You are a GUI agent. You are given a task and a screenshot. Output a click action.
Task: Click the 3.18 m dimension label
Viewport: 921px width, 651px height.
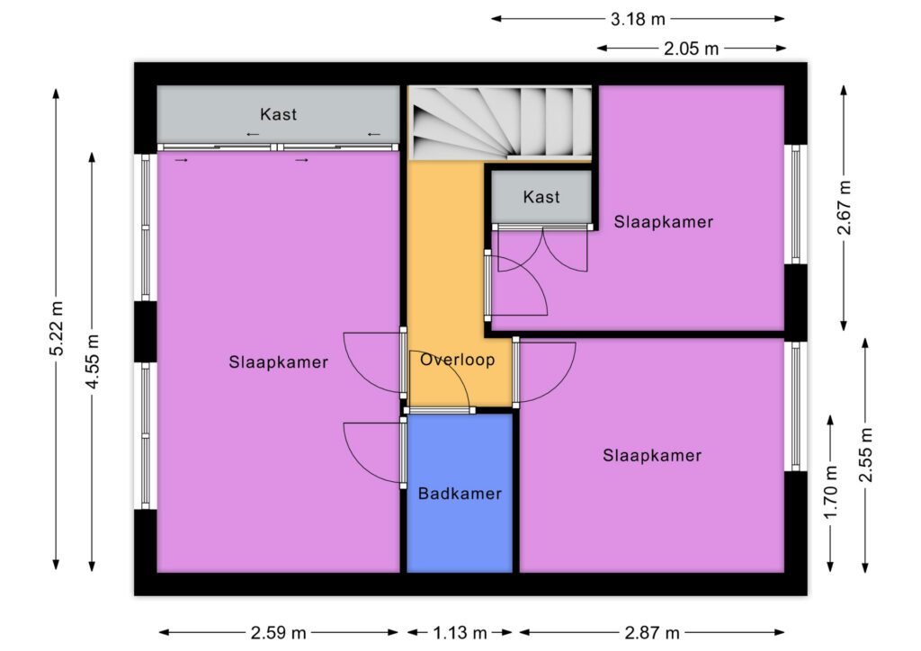(638, 20)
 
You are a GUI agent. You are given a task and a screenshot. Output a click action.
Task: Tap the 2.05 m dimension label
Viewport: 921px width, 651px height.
(692, 49)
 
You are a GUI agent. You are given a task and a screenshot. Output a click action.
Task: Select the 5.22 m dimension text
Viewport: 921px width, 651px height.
(57, 329)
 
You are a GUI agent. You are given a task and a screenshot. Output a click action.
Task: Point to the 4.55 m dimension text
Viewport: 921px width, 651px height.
(93, 361)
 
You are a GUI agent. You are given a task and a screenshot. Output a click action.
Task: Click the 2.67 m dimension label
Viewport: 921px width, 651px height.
(844, 208)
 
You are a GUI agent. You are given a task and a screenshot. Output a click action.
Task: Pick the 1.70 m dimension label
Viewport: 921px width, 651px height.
(830, 493)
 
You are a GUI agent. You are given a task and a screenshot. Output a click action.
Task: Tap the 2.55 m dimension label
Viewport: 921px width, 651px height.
(865, 455)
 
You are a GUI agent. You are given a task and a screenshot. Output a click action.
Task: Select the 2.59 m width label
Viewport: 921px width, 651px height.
(279, 633)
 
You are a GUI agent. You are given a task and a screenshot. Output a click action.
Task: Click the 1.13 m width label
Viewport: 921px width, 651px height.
(460, 633)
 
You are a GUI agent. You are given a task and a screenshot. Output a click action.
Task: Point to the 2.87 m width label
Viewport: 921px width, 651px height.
(652, 633)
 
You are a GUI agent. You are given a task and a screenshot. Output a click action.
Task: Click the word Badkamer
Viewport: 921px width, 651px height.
(460, 494)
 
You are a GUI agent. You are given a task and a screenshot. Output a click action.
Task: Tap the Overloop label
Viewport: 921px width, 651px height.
(458, 360)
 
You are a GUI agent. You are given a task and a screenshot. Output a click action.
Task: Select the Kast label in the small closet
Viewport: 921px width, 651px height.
(541, 197)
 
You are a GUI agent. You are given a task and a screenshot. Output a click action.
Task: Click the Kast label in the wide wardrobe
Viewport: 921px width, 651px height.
(279, 114)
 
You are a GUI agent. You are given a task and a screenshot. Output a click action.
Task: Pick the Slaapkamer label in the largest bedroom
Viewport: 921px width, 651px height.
(279, 362)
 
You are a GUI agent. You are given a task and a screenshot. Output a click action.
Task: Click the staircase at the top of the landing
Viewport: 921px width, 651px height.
(500, 122)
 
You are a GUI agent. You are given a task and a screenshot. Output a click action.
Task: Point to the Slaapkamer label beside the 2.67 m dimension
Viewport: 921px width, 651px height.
(664, 222)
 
